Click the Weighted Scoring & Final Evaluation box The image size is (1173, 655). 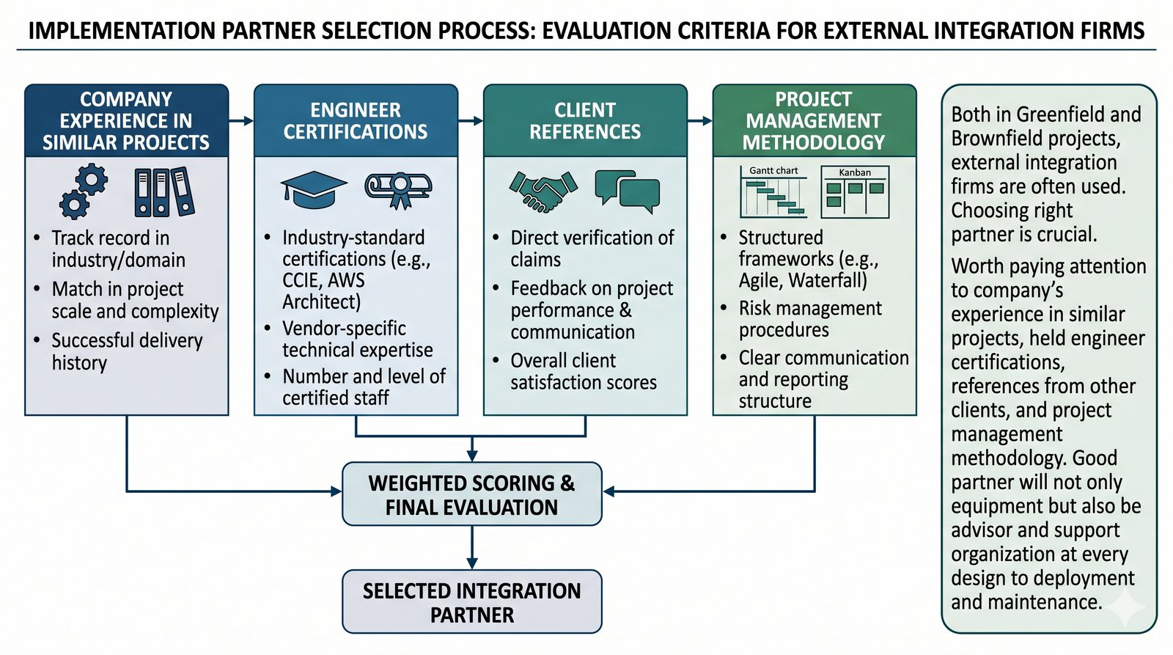click(471, 494)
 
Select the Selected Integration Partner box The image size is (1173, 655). click(471, 602)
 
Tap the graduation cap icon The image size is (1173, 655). click(314, 189)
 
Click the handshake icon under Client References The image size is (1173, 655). click(543, 191)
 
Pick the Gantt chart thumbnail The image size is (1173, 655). click(773, 192)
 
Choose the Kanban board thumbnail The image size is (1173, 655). click(855, 193)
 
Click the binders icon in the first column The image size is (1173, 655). click(164, 192)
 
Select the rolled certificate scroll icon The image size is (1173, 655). click(398, 189)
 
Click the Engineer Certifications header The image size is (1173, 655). click(356, 121)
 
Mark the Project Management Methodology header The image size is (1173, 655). click(814, 121)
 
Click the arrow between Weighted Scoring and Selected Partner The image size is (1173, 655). click(471, 547)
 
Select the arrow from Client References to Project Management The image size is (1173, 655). click(700, 120)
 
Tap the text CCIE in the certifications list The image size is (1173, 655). click(301, 280)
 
